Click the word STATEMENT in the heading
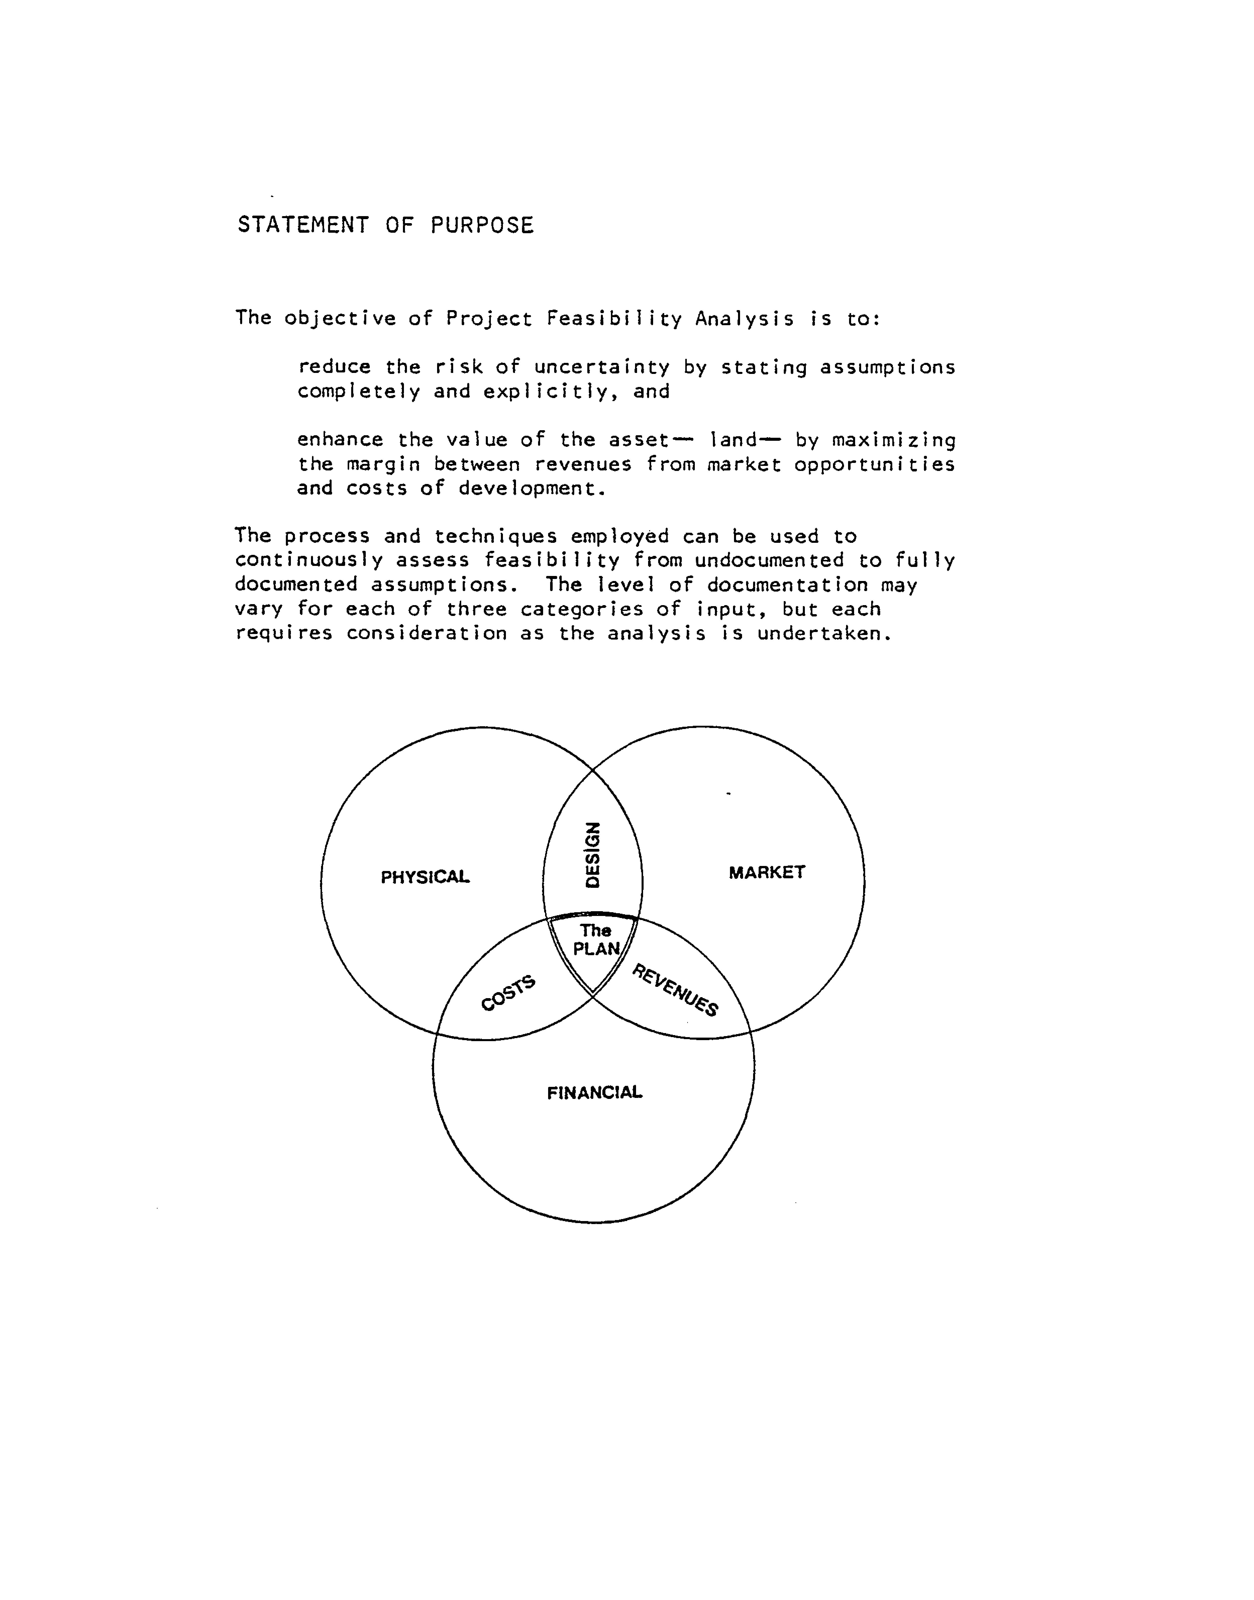[x=302, y=225]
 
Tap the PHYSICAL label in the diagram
[x=425, y=877]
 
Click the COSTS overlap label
[x=508, y=993]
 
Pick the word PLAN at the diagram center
[x=596, y=949]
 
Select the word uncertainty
[x=601, y=367]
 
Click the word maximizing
[x=894, y=441]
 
